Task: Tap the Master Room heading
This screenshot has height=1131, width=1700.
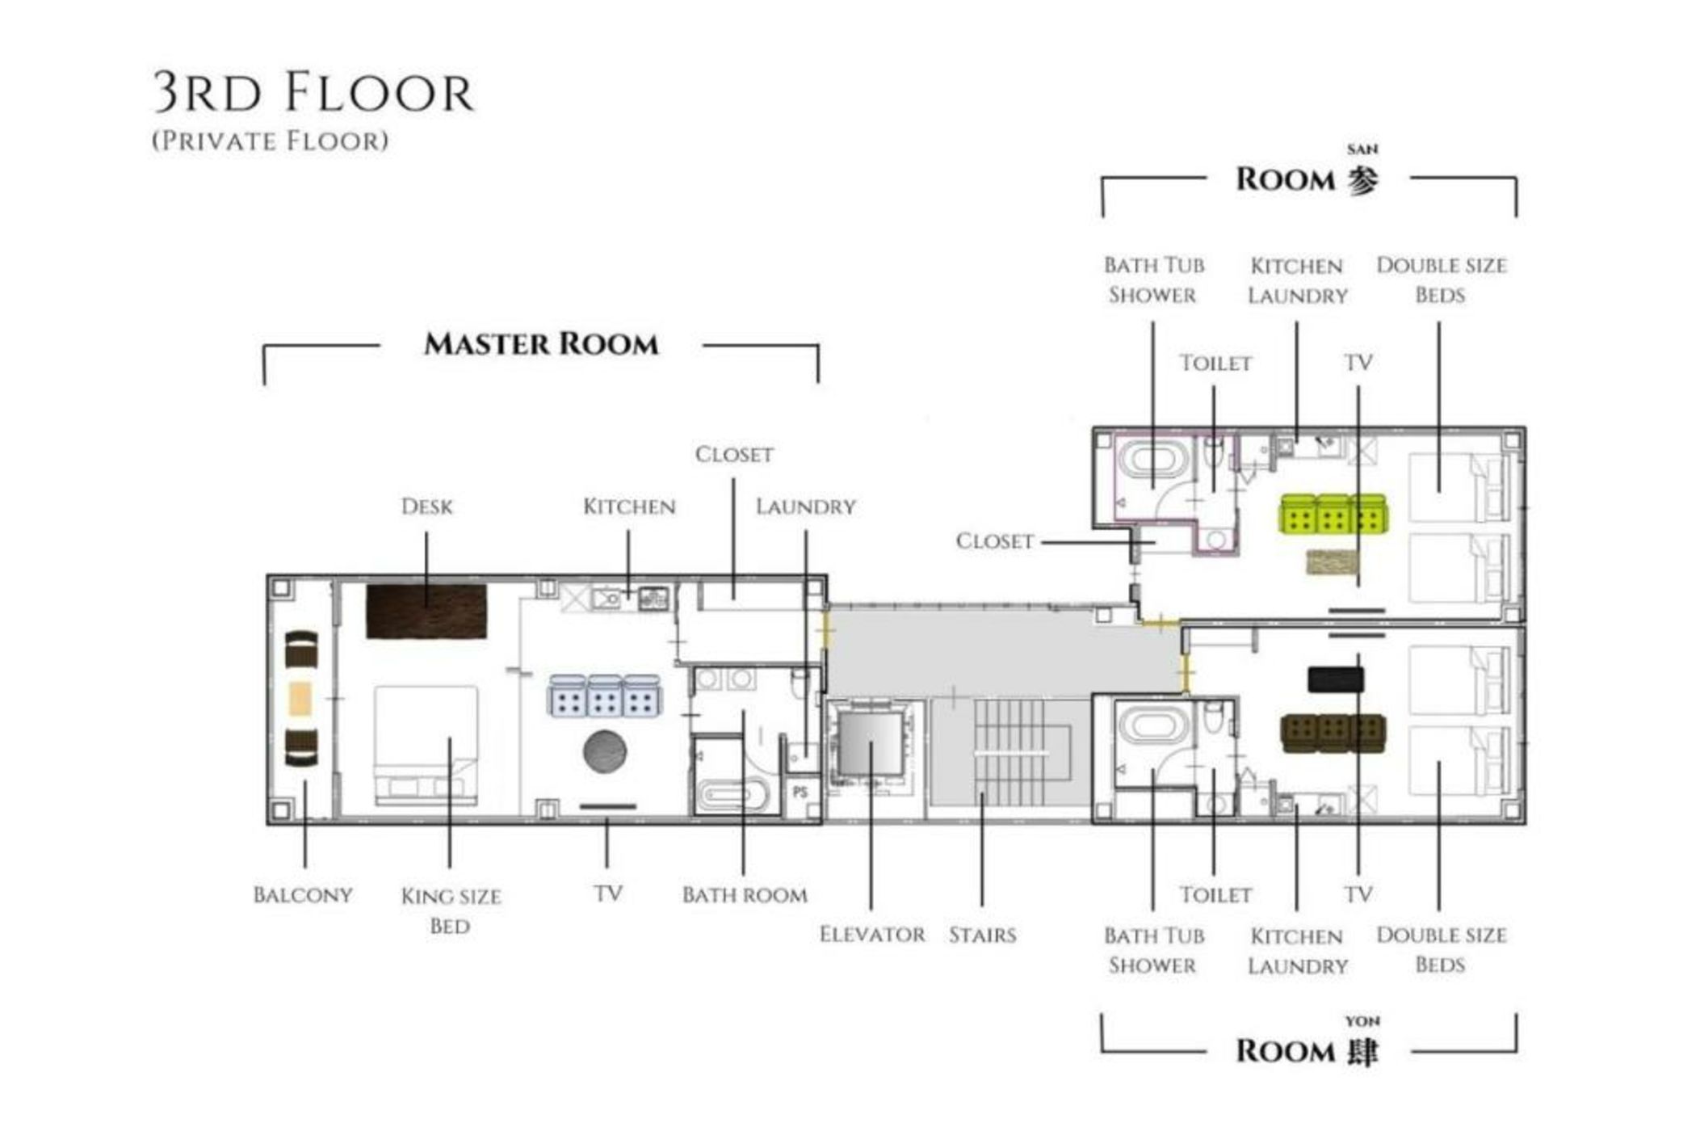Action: click(x=540, y=344)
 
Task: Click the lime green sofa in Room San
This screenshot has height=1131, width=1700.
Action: click(x=1332, y=514)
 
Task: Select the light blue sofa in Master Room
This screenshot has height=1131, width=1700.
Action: click(x=604, y=696)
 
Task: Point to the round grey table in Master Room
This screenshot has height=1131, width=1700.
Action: click(x=604, y=751)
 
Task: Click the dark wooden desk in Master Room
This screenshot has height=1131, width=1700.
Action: click(x=426, y=612)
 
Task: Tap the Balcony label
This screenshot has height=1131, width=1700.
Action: click(x=303, y=895)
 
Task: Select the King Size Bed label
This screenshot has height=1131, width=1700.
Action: click(x=451, y=910)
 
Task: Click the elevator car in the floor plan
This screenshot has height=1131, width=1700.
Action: click(x=871, y=743)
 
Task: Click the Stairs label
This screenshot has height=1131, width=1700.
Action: click(x=982, y=935)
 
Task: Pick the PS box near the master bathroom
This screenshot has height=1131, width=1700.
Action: click(x=800, y=793)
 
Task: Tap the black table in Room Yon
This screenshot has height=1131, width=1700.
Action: click(x=1336, y=679)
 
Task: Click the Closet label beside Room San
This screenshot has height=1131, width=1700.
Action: click(x=994, y=540)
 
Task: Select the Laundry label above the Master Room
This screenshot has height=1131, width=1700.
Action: click(x=805, y=507)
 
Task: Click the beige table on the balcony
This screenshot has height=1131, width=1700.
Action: click(x=300, y=699)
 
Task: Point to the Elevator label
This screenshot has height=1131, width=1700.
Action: click(x=871, y=935)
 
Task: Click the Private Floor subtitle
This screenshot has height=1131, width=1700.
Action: click(x=270, y=141)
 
